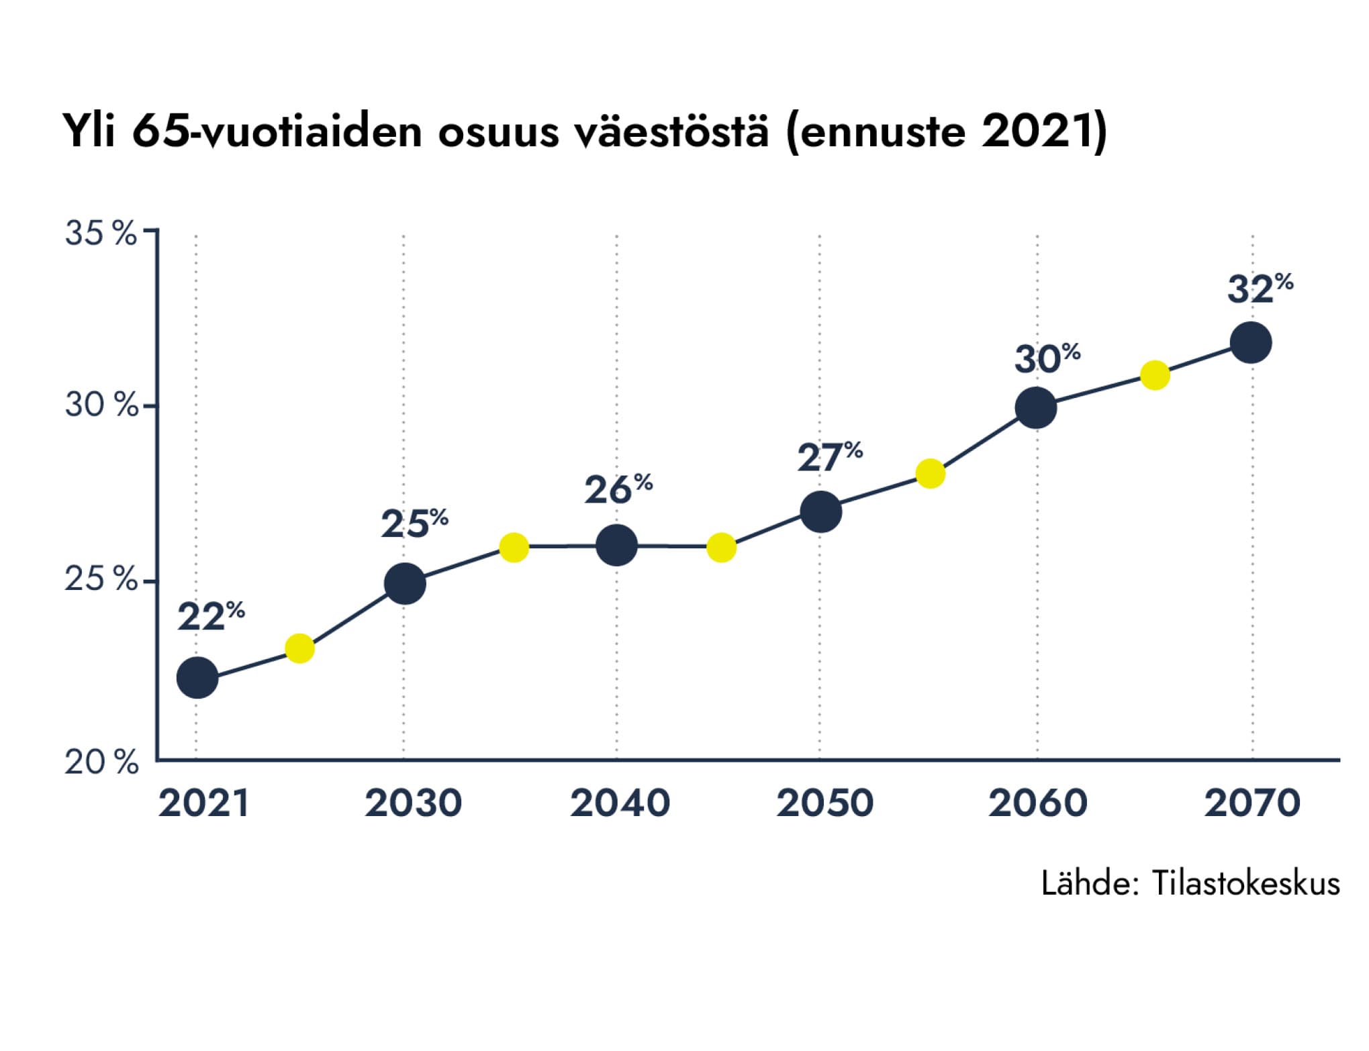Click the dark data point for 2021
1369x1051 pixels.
(x=197, y=678)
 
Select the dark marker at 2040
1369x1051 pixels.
(x=616, y=545)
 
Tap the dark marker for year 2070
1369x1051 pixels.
(x=1250, y=342)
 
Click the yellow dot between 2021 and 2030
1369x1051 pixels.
(x=299, y=648)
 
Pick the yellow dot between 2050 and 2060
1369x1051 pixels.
(x=930, y=474)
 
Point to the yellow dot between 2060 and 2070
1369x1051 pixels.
(x=1155, y=374)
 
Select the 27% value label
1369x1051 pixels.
(x=829, y=458)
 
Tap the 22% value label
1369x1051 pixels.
(x=210, y=616)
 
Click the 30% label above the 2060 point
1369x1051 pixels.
(x=1046, y=359)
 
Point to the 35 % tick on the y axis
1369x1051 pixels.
(x=101, y=234)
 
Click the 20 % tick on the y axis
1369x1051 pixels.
(x=101, y=762)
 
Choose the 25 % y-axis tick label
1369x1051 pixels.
(x=101, y=579)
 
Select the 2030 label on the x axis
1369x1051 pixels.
(x=413, y=803)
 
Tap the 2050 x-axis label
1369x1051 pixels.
(x=824, y=803)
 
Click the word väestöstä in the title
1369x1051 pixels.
(x=671, y=131)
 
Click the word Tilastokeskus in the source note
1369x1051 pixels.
(x=1245, y=884)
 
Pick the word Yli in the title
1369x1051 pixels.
(x=89, y=131)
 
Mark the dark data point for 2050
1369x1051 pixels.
(x=820, y=511)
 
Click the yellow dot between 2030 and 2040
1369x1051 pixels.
(x=514, y=548)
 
